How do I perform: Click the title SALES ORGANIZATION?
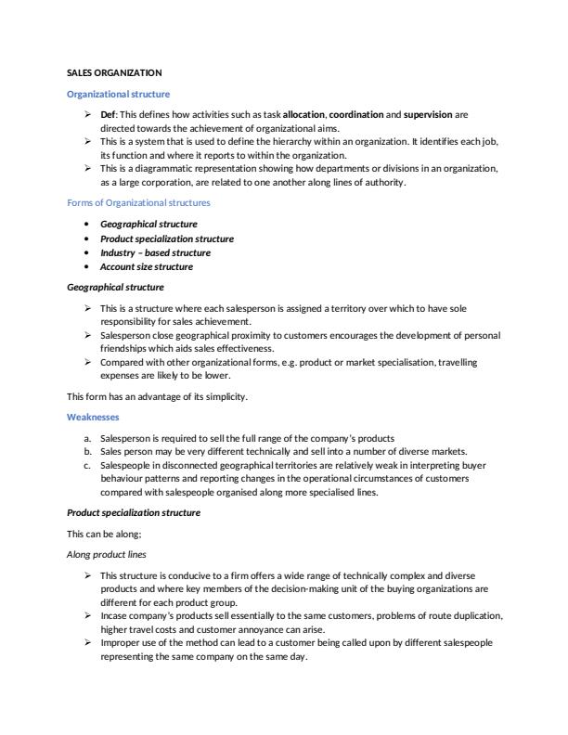[x=115, y=72]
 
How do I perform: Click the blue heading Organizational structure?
[x=119, y=94]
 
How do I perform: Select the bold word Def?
[x=108, y=114]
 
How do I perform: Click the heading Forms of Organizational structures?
[x=138, y=202]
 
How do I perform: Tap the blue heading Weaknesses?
[x=93, y=418]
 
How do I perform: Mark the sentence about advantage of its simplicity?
[x=156, y=396]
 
